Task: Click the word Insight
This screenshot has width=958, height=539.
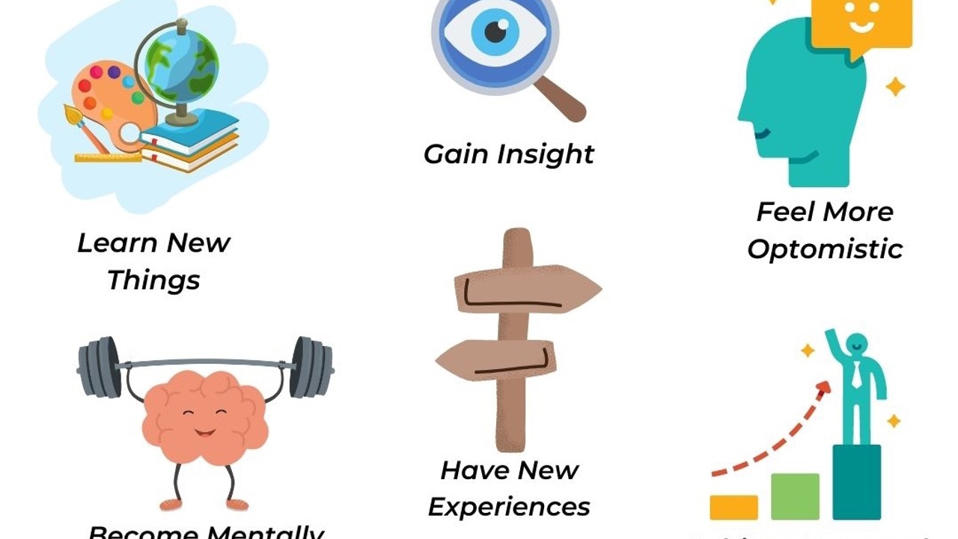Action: tap(546, 154)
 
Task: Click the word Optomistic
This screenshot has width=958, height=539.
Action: tap(825, 249)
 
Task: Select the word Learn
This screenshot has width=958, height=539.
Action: tap(116, 243)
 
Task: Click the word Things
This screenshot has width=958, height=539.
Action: tap(153, 280)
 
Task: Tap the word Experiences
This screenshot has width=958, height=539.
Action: tap(509, 507)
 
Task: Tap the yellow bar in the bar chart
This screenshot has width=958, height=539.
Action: tap(733, 507)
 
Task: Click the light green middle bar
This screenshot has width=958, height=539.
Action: tap(795, 496)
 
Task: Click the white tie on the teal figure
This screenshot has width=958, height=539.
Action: tap(856, 374)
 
